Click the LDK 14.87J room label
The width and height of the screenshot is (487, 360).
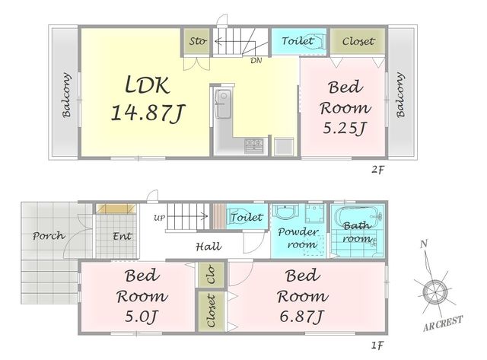coord(148,98)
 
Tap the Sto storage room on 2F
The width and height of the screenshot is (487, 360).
coord(196,42)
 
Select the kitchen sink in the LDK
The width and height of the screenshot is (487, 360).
coord(223,104)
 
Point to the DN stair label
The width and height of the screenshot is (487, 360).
coord(256,61)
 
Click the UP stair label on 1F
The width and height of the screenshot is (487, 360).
coord(160,218)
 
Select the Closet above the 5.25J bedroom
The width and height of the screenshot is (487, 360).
coord(358,41)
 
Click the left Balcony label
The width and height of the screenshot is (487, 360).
coord(66,95)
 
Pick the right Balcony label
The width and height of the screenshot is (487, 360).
coord(401,95)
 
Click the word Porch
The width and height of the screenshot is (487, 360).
coord(49,236)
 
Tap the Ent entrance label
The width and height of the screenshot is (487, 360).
coord(122,236)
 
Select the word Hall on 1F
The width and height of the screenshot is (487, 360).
coord(208,247)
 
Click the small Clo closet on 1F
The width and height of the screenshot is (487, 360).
coord(212,276)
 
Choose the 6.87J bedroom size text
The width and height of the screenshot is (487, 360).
coord(302,317)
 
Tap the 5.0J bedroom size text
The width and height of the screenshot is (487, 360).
coord(142,317)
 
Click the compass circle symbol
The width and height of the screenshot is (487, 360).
coord(434,292)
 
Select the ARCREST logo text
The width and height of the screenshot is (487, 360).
coord(443,323)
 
